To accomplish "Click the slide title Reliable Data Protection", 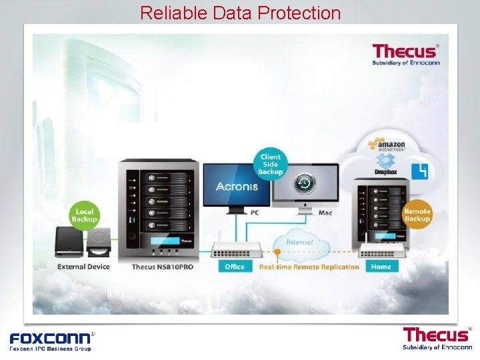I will [240, 13].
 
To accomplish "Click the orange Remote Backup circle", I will [417, 215].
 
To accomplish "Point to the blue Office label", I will [235, 267].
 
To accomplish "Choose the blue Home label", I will [381, 267].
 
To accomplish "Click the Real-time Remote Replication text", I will [309, 267].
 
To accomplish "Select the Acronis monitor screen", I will [236, 186].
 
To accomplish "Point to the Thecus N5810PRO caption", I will [163, 267].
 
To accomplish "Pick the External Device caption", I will [83, 267].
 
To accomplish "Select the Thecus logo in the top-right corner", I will [405, 54].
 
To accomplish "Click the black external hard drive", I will [69, 241].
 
